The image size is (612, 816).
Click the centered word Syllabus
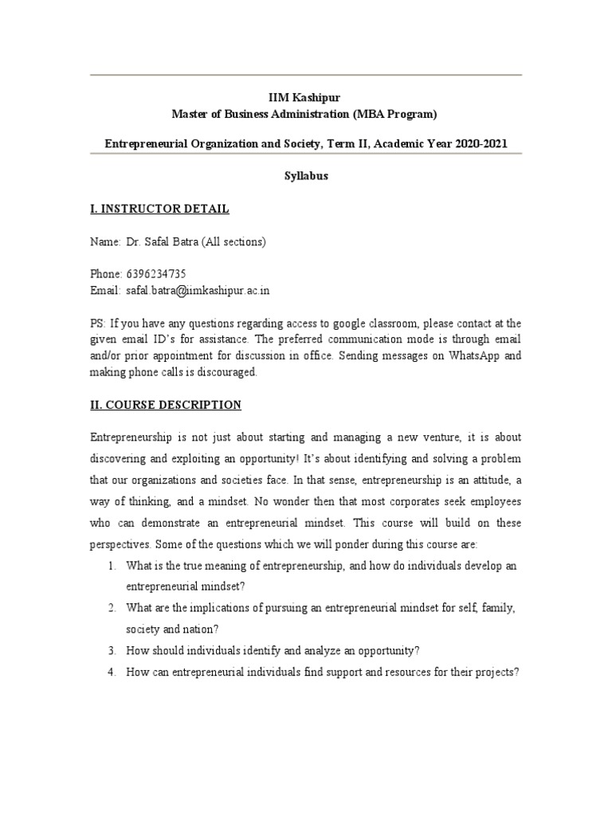tap(306, 177)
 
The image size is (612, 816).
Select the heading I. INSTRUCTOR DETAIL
tap(159, 209)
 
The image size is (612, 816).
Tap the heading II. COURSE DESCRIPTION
tap(165, 405)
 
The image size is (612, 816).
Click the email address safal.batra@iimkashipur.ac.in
tap(196, 291)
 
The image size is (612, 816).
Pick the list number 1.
tap(112, 566)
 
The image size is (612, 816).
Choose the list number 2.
tap(112, 608)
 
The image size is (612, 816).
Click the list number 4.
tap(112, 672)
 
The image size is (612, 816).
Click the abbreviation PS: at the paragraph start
tap(98, 324)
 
